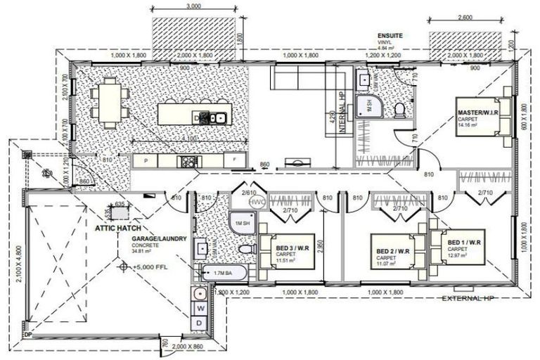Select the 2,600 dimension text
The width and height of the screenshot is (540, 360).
pos(465,18)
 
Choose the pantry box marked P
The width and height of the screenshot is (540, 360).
pos(146,161)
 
